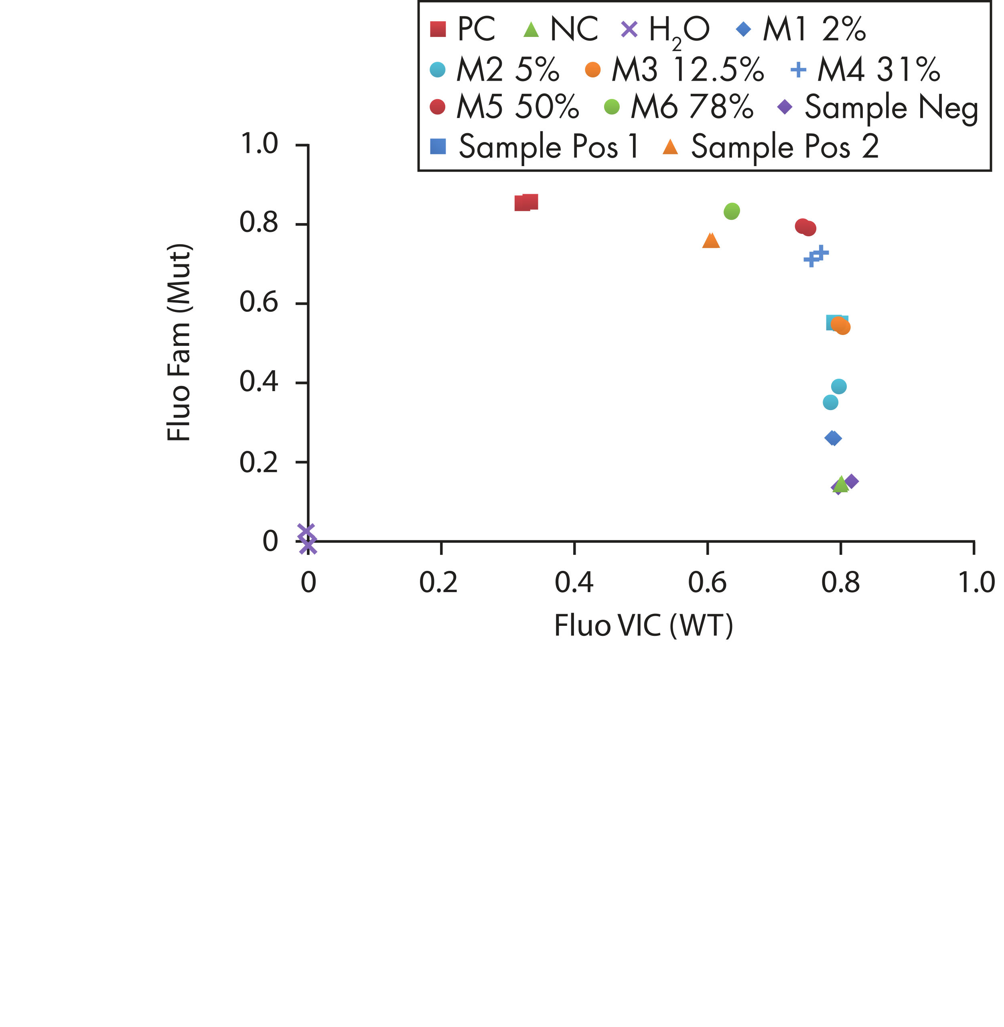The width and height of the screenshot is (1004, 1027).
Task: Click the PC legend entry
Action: [463, 29]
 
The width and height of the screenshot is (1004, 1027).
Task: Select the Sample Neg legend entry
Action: [878, 107]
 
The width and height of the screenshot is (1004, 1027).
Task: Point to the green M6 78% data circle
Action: [731, 211]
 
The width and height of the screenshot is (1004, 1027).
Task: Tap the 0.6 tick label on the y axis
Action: [258, 303]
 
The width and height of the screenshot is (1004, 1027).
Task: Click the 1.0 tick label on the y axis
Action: [258, 144]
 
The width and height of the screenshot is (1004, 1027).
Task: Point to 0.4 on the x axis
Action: [574, 583]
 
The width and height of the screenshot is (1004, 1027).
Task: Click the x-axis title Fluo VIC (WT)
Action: [643, 626]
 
